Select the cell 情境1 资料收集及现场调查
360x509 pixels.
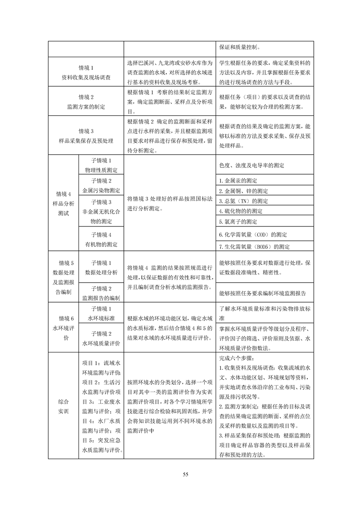click(86, 73)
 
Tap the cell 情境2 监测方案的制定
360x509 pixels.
click(86, 102)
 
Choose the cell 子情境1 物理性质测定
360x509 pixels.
click(101, 165)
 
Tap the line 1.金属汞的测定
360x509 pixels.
click(238, 181)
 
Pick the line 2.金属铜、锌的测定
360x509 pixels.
click(243, 191)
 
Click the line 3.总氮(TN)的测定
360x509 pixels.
click(243, 201)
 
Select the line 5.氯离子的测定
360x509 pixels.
click(238, 222)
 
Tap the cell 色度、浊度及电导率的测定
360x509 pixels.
click(252, 166)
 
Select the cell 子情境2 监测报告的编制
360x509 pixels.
click(101, 293)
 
